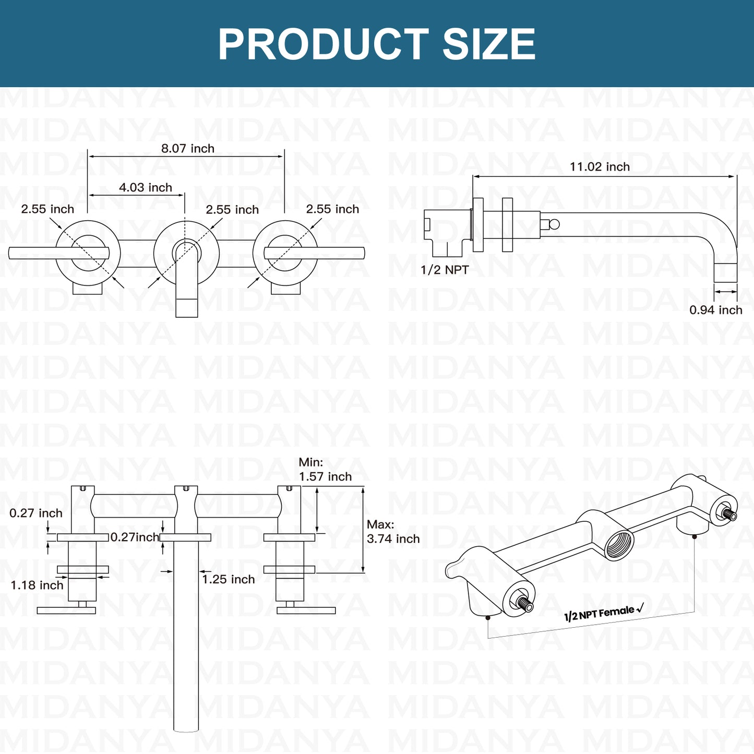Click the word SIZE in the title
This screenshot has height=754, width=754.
tap(489, 44)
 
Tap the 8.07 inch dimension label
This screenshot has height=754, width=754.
tap(188, 149)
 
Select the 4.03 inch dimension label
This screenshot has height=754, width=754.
tap(146, 187)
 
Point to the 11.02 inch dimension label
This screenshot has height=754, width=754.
tap(600, 166)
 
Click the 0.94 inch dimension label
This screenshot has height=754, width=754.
tap(716, 310)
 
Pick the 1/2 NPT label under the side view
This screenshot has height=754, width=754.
tap(445, 270)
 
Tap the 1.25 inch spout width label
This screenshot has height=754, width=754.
tap(229, 579)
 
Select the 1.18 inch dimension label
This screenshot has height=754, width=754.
tap(37, 585)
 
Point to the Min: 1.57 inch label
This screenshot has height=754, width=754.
tap(325, 469)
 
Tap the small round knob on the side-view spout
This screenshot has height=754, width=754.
tap(554, 224)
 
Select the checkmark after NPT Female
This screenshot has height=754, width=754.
tap(640, 608)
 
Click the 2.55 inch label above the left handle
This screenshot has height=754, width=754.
tap(47, 209)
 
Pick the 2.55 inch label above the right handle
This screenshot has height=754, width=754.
tap(332, 209)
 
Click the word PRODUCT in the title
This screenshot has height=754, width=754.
tap(323, 44)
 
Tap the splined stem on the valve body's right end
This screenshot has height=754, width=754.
tap(729, 514)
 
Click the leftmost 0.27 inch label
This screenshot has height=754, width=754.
tap(36, 513)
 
